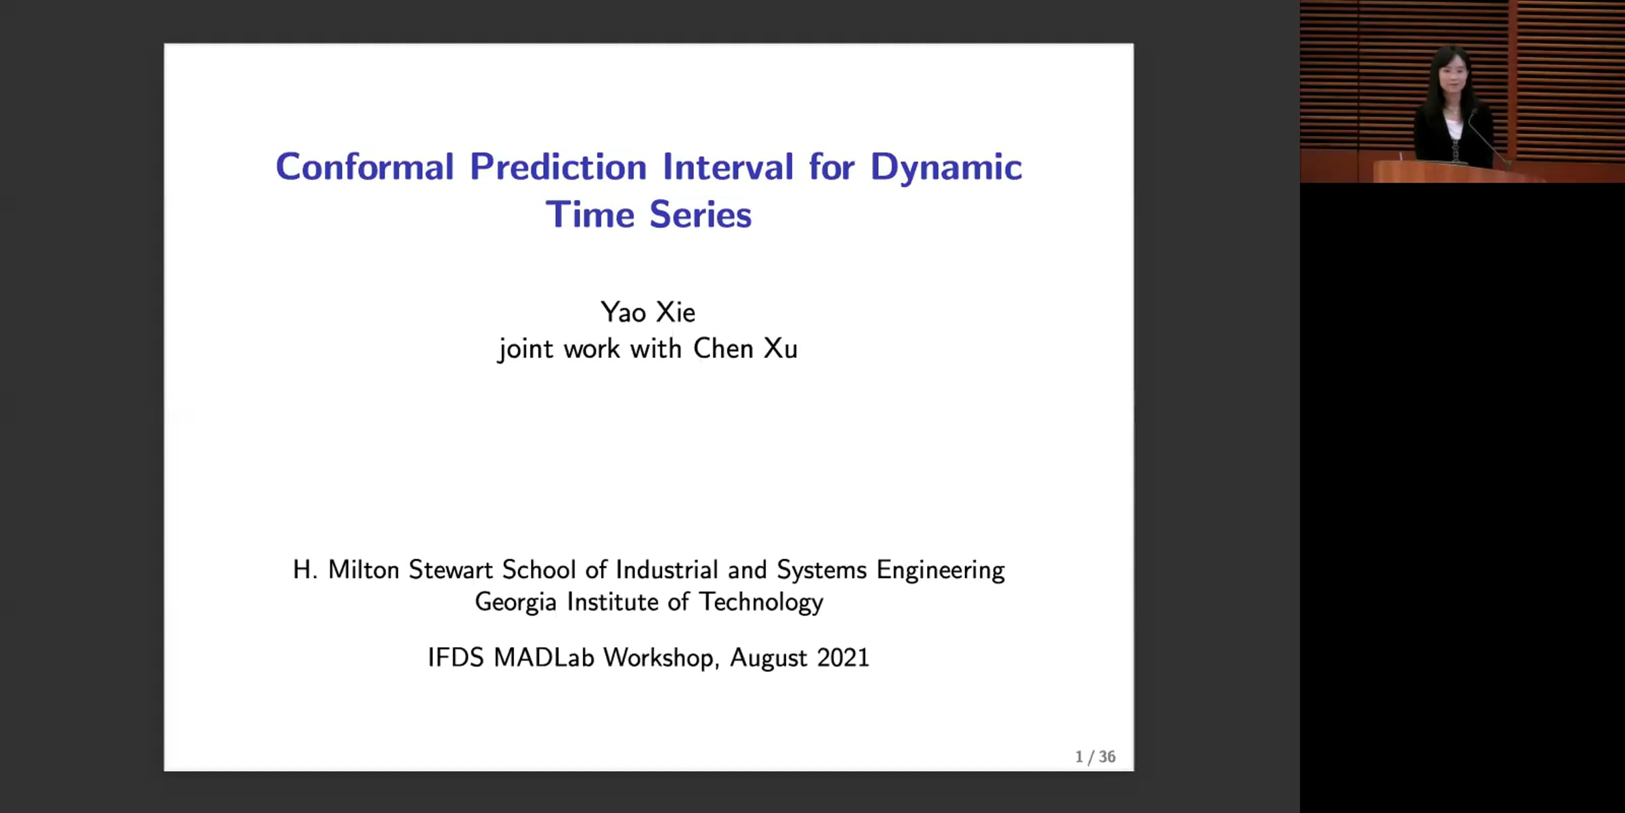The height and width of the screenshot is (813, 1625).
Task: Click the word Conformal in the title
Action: coord(365,167)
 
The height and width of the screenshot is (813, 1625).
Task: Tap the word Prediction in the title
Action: coord(559,167)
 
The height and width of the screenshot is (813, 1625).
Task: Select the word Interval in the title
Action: coord(728,167)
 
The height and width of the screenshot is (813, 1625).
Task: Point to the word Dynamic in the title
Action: coord(946,168)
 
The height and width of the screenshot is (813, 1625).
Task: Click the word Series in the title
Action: coord(700,215)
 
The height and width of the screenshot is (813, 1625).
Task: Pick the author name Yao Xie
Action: coord(648,312)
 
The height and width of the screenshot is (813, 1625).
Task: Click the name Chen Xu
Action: coord(745,348)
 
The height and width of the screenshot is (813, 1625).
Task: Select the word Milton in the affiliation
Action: coord(364,570)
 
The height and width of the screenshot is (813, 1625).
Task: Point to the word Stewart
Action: coord(450,570)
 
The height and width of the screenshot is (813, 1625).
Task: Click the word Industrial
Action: coord(667,570)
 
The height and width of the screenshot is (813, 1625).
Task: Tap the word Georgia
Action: coord(515,602)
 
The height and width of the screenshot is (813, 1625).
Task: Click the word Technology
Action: coord(761,602)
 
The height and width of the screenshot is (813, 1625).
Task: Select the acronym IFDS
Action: coord(456,658)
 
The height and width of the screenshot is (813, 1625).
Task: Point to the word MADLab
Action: coord(544,658)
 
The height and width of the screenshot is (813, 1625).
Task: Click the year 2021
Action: coord(843,658)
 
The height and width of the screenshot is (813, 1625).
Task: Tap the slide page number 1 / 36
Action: coord(1095,757)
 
